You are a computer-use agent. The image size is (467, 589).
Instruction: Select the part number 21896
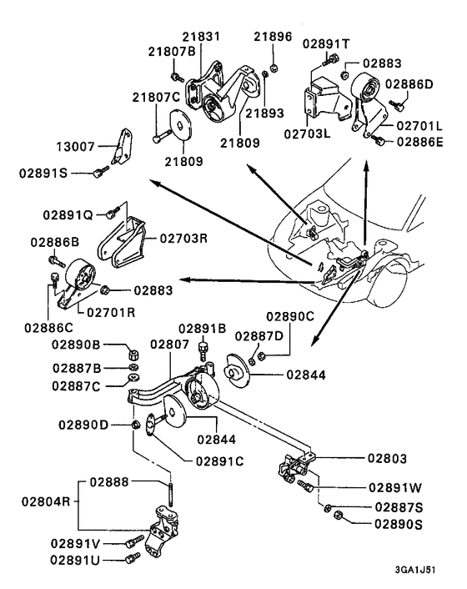coord(274,37)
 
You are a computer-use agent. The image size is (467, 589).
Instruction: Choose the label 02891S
coord(44,174)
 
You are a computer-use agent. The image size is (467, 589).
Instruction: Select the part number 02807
coord(170,344)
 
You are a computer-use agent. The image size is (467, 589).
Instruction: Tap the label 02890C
coord(289,317)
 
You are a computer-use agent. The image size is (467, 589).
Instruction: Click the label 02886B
coord(54,242)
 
